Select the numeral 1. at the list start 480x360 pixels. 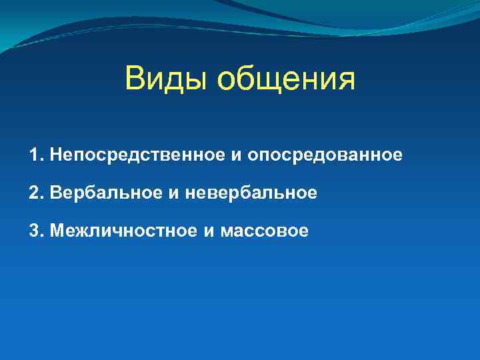pyautogui.click(x=36, y=155)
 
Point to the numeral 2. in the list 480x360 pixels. pyautogui.click(x=36, y=193)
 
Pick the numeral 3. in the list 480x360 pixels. pyautogui.click(x=36, y=231)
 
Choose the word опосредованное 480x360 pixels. pyautogui.click(x=325, y=156)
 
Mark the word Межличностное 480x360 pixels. pyautogui.click(x=121, y=231)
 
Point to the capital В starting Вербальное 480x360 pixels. pyautogui.click(x=54, y=193)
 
